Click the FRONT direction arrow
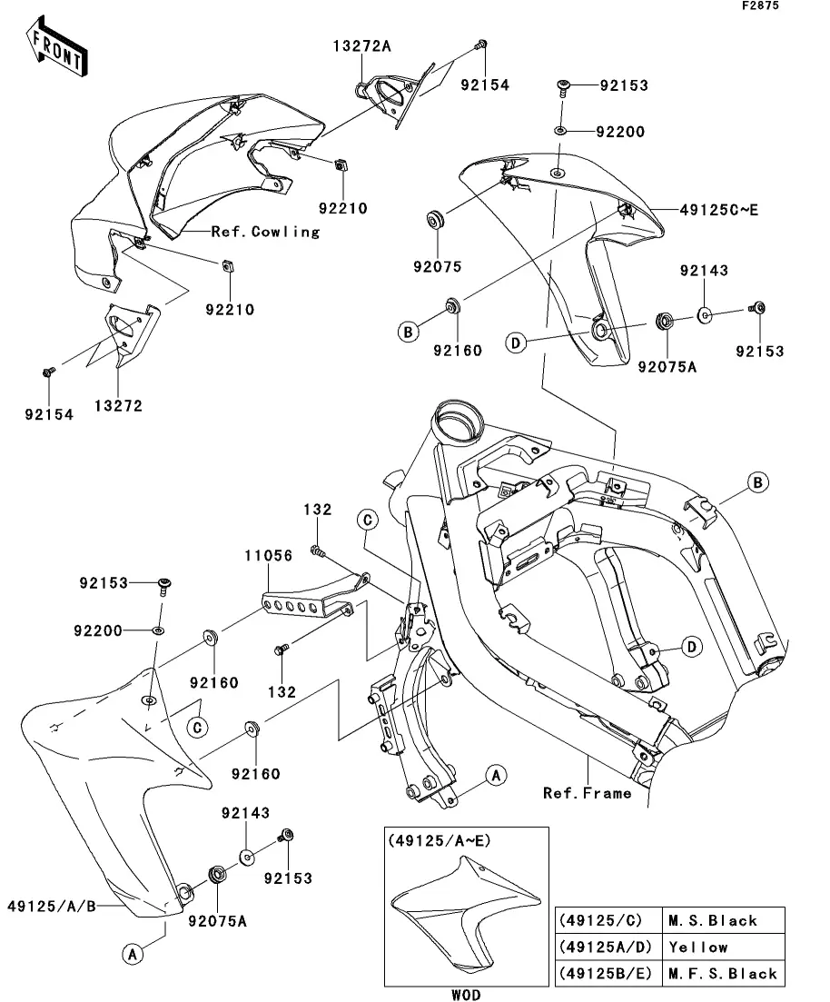tap(56, 51)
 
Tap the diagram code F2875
tap(786, 7)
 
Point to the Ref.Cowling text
tap(265, 232)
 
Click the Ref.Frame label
tap(587, 793)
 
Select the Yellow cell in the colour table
tap(698, 947)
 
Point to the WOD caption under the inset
tap(464, 994)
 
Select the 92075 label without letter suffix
tap(439, 267)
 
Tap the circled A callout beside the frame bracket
tap(494, 775)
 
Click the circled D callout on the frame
tap(691, 647)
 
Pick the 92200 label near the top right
tap(620, 132)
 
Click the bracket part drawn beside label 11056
tap(313, 600)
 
